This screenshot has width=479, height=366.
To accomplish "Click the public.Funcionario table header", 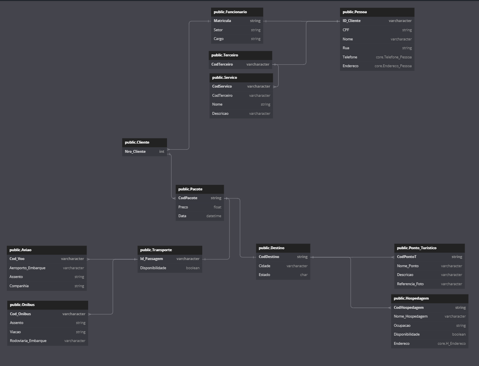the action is click(230, 12).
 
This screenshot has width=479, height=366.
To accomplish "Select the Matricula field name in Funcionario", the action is click(222, 21).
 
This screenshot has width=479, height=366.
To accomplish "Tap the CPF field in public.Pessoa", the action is click(346, 30).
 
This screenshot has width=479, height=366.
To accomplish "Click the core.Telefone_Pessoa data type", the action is click(394, 57).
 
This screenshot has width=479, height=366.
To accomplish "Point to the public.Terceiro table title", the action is click(225, 55).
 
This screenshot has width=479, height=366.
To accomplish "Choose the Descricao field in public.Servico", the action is click(220, 114).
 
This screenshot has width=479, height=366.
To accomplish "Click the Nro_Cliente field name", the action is click(135, 152).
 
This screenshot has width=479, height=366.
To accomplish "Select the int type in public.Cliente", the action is click(162, 152).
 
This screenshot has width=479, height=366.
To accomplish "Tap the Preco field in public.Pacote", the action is click(183, 207).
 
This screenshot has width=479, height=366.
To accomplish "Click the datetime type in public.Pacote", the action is click(213, 216).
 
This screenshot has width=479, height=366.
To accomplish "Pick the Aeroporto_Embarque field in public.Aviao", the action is click(27, 268).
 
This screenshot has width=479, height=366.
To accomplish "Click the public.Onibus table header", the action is click(22, 305).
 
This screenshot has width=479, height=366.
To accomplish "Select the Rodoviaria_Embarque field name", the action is click(28, 341).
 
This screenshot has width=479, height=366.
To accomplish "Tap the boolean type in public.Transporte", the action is click(193, 268).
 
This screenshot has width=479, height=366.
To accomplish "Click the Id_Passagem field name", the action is click(151, 259).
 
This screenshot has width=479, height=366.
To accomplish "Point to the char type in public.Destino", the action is click(304, 275).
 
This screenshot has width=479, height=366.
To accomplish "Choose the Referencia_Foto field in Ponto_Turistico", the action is click(410, 284).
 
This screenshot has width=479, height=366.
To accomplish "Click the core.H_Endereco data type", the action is click(451, 344).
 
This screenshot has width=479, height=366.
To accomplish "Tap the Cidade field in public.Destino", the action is click(264, 266).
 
